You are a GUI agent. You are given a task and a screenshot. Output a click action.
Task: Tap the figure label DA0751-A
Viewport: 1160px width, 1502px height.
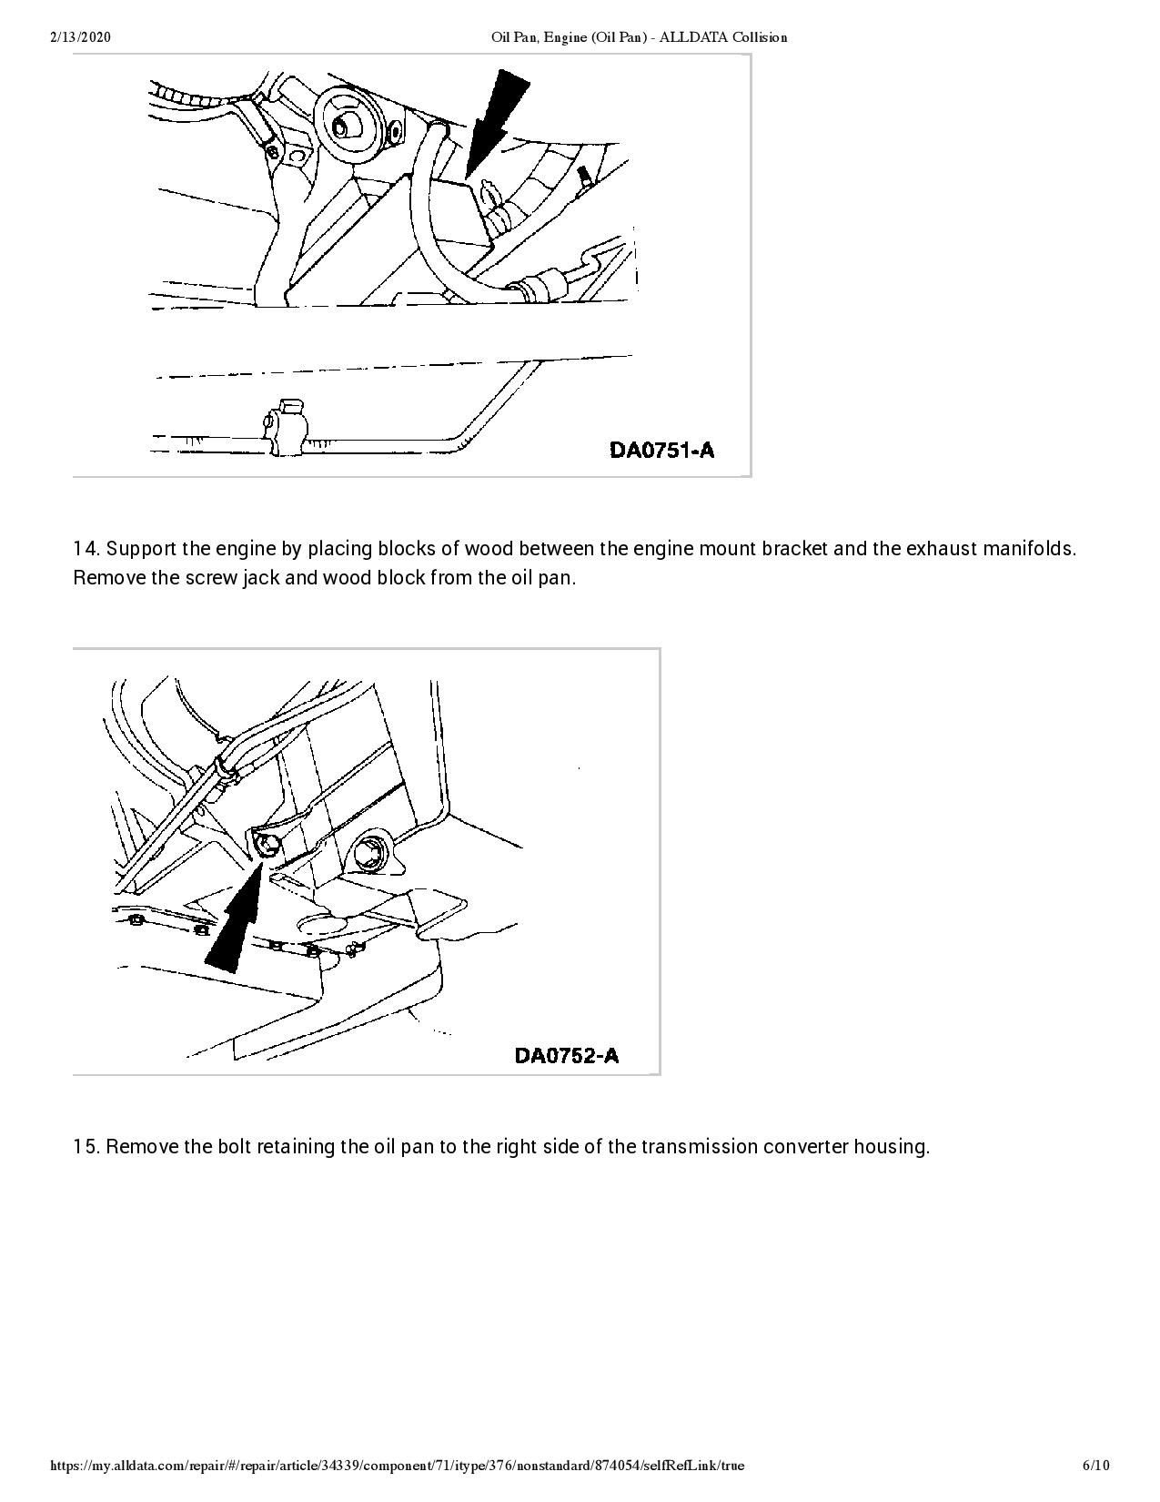coord(661,450)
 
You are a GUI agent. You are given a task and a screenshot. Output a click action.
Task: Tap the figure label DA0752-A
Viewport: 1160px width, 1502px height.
coord(566,1055)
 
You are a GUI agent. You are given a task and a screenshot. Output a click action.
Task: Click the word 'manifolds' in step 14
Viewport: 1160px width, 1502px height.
coord(1030,549)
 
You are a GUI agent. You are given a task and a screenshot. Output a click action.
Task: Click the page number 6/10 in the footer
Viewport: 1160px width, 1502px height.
coord(1095,1466)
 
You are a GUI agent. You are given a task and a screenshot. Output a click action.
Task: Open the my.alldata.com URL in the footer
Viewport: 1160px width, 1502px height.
coord(398,1466)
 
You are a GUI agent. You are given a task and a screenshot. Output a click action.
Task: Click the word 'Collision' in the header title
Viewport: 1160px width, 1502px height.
coord(762,37)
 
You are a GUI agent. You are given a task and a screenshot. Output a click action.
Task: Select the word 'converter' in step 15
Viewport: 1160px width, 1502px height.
coord(804,1146)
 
